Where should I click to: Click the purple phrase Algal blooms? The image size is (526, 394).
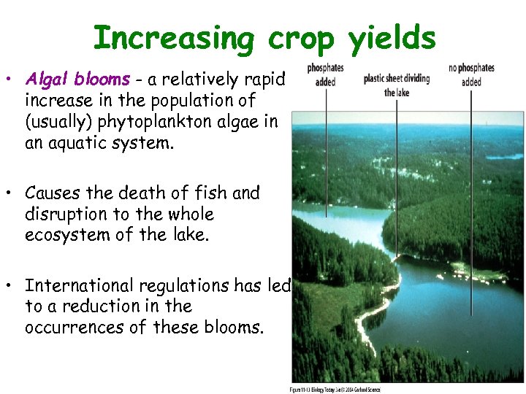[x=77, y=79]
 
